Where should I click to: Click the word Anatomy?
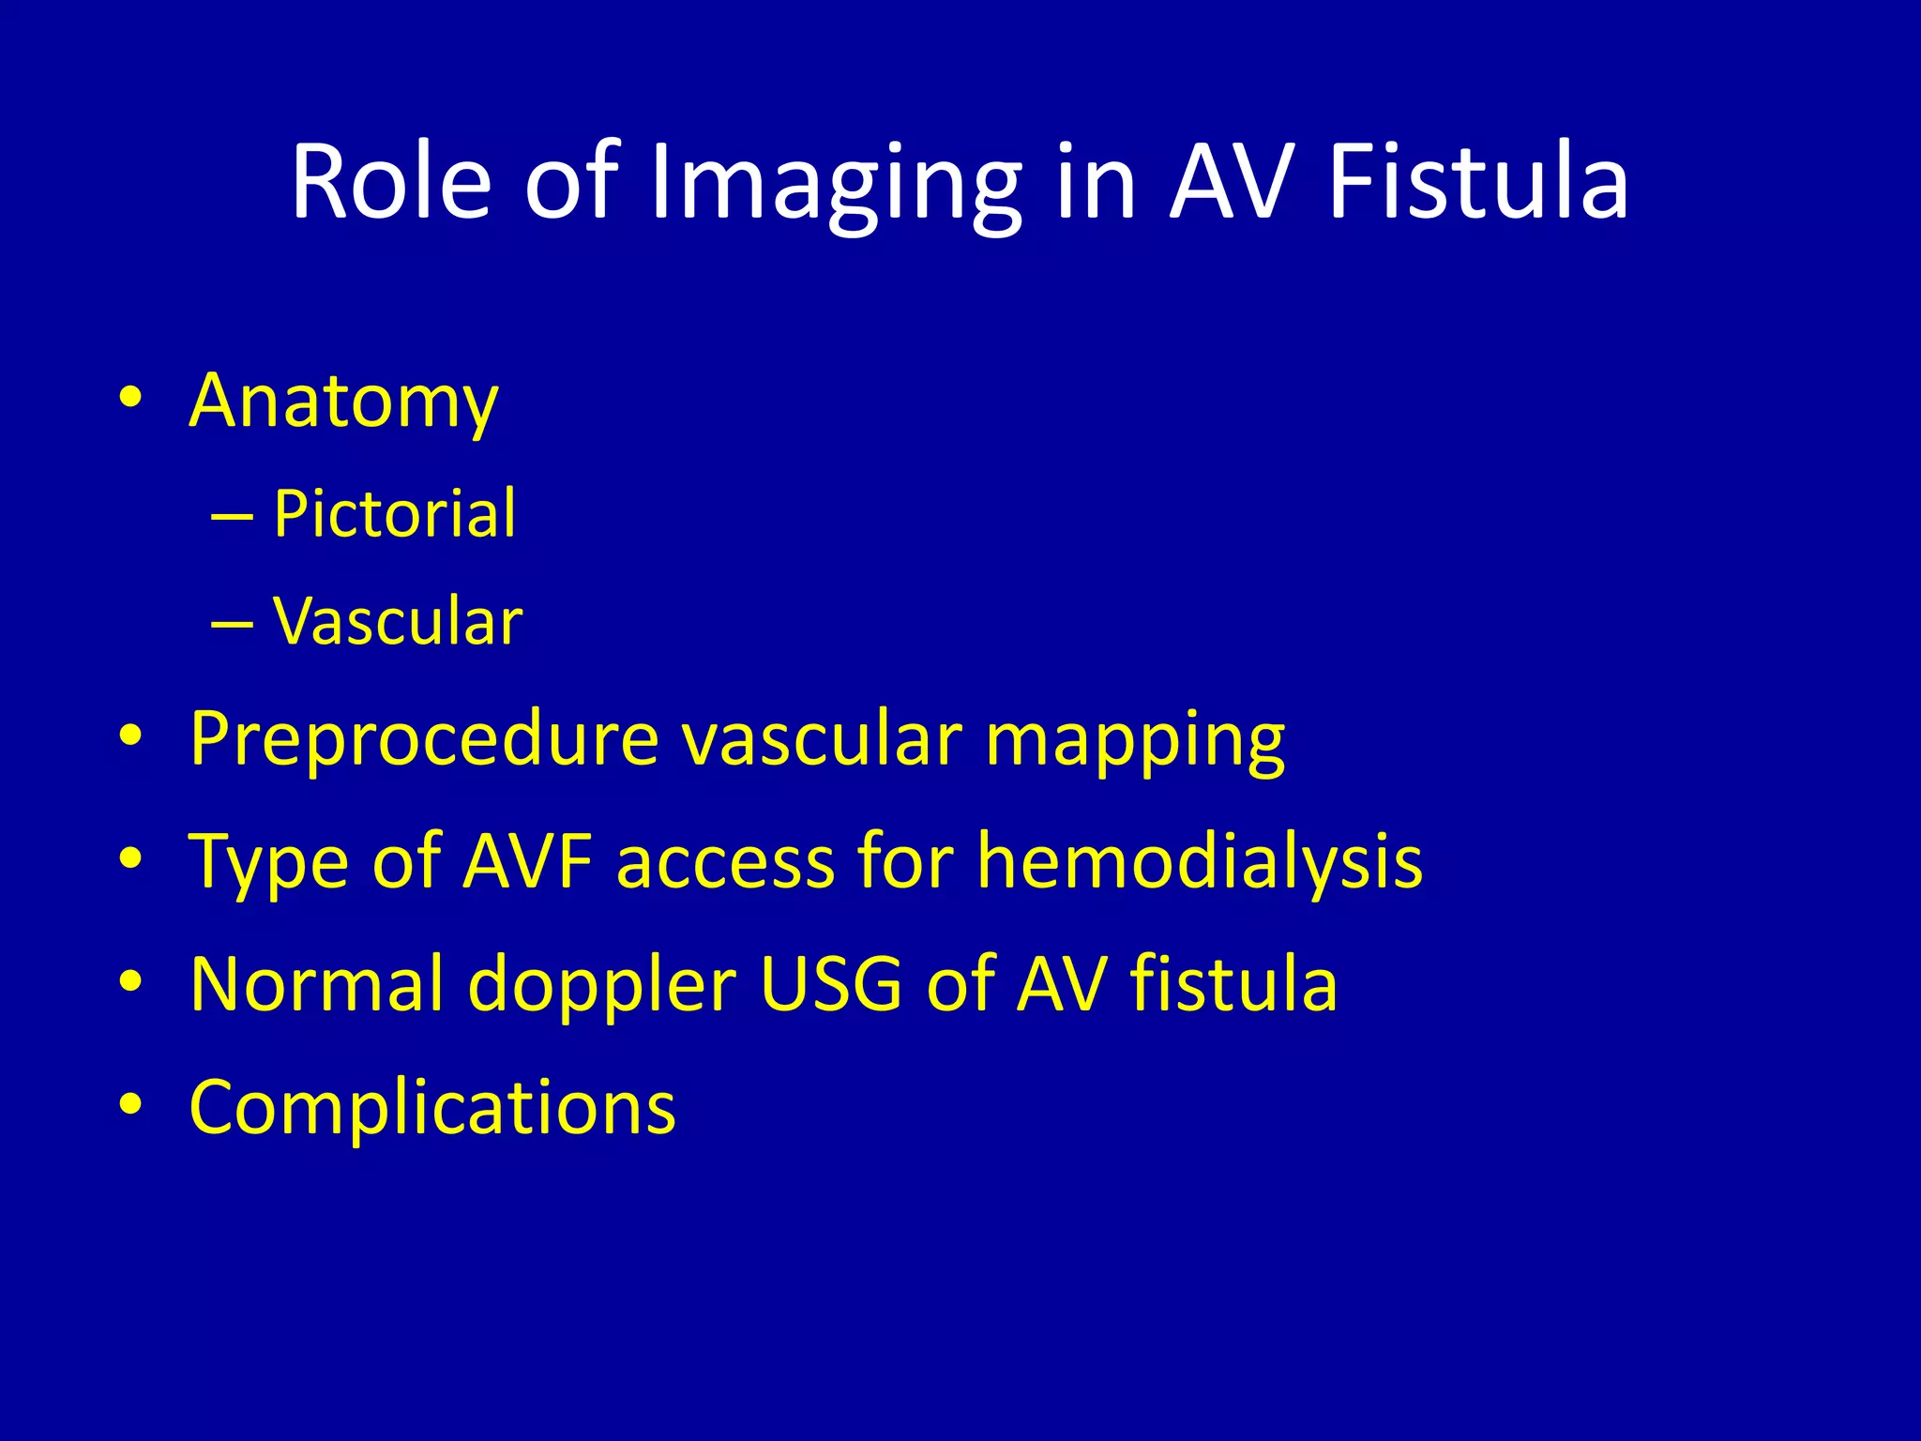click(x=343, y=402)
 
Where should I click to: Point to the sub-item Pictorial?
click(x=394, y=514)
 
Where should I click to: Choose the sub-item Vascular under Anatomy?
click(x=398, y=621)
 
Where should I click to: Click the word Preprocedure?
click(x=424, y=739)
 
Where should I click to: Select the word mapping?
click(x=1135, y=741)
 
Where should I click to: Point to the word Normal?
click(x=316, y=983)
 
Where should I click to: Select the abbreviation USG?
click(x=831, y=983)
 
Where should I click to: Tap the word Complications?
click(x=432, y=1107)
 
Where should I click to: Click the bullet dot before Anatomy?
click(x=130, y=398)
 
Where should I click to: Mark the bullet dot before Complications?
click(x=130, y=1104)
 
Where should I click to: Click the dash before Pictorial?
click(x=232, y=517)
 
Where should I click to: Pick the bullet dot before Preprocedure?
click(x=130, y=736)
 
